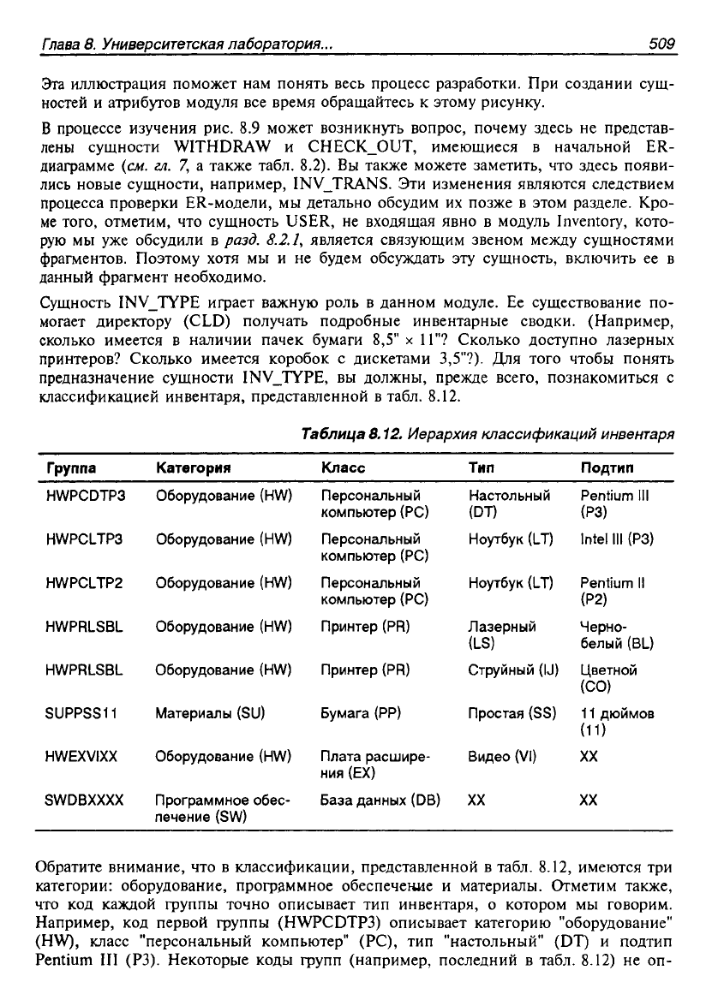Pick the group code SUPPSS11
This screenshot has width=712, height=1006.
click(x=84, y=712)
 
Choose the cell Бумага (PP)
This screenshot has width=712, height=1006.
click(x=356, y=712)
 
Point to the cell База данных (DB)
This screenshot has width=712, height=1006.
click(x=380, y=801)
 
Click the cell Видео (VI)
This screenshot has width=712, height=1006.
click(x=503, y=757)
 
